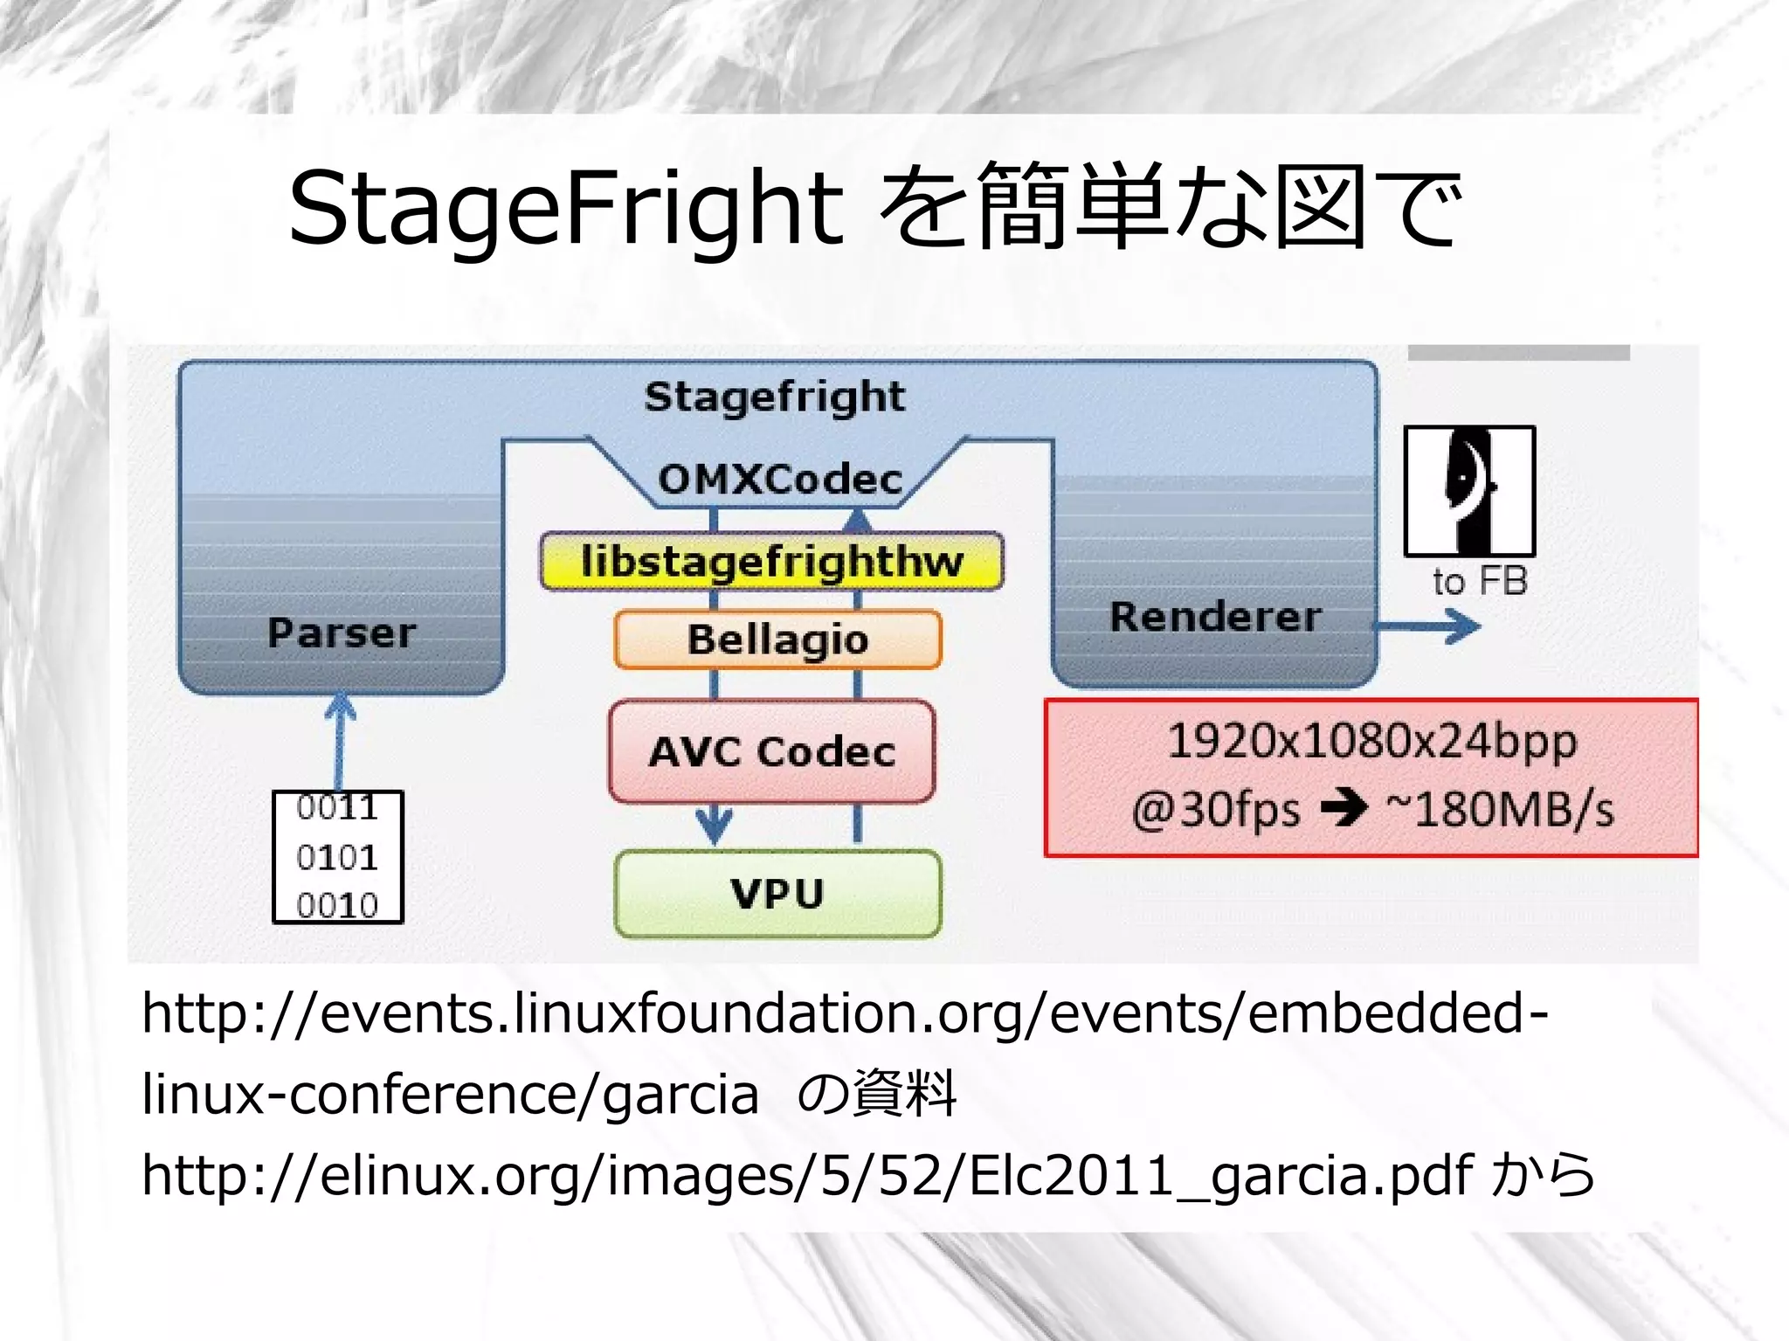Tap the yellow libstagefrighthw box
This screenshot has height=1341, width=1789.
[x=772, y=561]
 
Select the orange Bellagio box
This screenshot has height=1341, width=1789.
[x=777, y=639]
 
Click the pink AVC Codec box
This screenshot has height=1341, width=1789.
[x=772, y=751]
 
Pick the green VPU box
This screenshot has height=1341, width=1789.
[x=777, y=894]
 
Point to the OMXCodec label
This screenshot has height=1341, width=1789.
[x=779, y=480]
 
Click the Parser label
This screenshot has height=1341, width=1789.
[x=342, y=632]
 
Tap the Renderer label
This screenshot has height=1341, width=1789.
[x=1215, y=617]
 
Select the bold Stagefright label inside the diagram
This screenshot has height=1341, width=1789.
[x=774, y=397]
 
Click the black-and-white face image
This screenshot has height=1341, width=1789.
[x=1469, y=491]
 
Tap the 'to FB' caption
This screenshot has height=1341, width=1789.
[x=1480, y=582]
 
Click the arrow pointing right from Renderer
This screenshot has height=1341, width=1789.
[x=1433, y=626]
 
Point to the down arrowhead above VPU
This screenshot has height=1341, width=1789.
[x=714, y=825]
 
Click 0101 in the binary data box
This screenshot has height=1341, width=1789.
[x=337, y=857]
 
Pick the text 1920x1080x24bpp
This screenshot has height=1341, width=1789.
[x=1371, y=742]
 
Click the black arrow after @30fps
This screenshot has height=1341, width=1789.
[x=1343, y=808]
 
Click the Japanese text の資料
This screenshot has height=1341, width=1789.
[x=876, y=1094]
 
